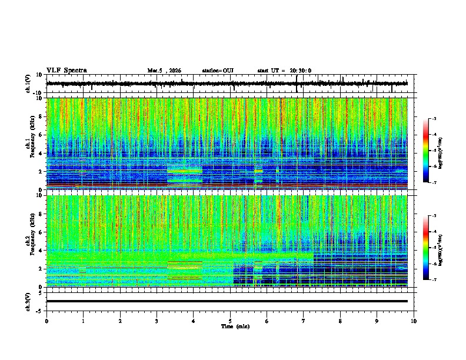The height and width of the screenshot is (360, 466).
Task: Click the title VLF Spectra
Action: coord(66,71)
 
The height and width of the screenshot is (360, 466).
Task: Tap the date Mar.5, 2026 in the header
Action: coord(164,71)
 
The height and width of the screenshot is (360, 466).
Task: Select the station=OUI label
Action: coord(218,71)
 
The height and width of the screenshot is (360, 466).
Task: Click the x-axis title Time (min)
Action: coord(235,326)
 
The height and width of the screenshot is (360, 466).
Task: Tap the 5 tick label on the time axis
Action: coord(230,321)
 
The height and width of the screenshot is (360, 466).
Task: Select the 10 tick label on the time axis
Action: coord(414,321)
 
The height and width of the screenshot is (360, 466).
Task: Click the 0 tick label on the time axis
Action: coord(46,321)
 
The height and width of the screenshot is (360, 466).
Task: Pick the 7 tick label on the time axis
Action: coord(304,321)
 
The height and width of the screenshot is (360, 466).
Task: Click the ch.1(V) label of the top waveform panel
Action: coord(28,84)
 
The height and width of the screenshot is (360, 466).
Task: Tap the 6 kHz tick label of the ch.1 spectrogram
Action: coord(41,135)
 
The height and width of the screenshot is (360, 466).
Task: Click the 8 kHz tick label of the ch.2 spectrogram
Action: coord(41,214)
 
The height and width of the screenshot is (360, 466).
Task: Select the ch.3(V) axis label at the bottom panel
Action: coord(28,301)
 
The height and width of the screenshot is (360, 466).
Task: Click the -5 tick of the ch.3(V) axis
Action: coord(39,310)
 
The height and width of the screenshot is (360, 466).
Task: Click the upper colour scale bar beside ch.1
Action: coord(425,151)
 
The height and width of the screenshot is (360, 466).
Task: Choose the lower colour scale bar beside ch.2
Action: coord(425,248)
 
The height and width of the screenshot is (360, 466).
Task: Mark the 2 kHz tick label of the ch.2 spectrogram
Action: coord(41,268)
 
